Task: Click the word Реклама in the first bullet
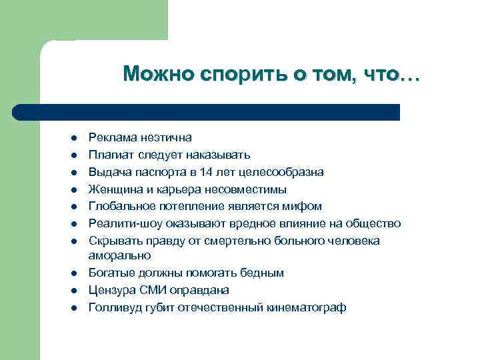click(x=111, y=137)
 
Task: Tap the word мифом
click(x=305, y=206)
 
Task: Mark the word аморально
click(x=120, y=255)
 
